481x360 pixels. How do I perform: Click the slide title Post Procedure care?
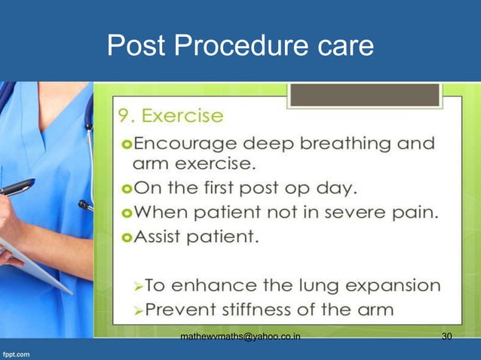click(240, 46)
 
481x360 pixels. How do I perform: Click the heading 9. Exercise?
click(170, 117)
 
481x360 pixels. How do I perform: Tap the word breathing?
click(344, 143)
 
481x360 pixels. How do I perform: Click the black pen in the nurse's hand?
click(18, 187)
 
